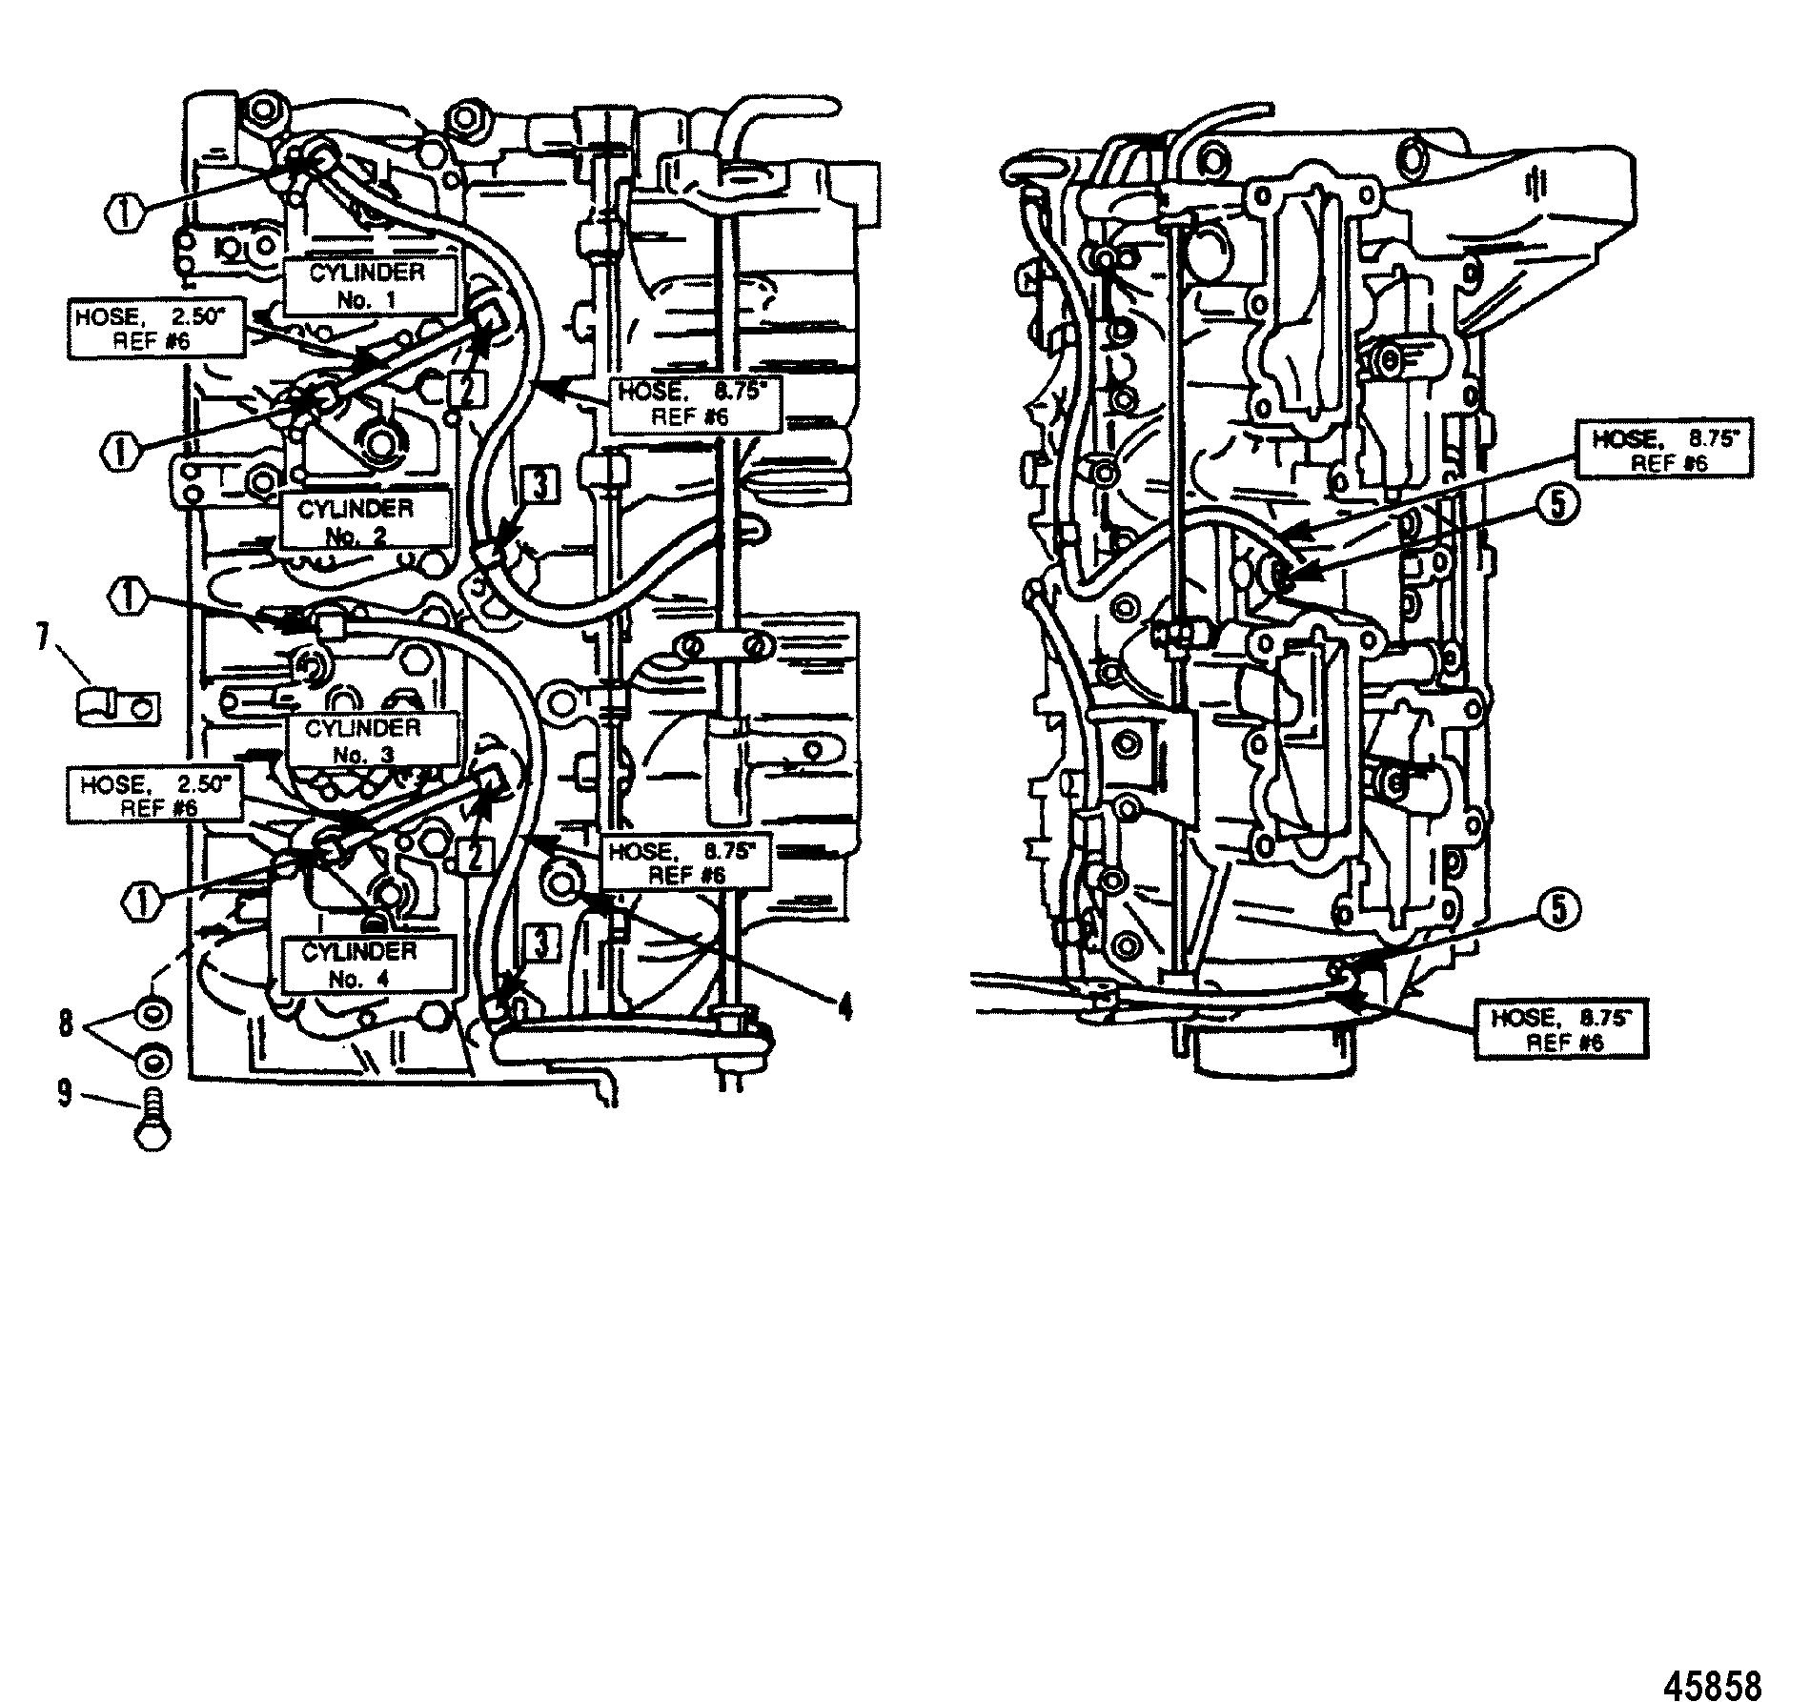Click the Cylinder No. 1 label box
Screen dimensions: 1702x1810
(367, 285)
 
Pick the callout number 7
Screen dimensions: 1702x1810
(42, 638)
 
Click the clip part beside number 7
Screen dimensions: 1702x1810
(115, 707)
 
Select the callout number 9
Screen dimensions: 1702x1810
(64, 1093)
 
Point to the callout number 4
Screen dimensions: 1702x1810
(844, 1006)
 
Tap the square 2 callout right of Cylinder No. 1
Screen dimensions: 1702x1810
(468, 388)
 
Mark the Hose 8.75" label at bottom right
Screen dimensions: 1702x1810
(1560, 1029)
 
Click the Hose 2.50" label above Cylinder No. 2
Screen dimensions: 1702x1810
(155, 329)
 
